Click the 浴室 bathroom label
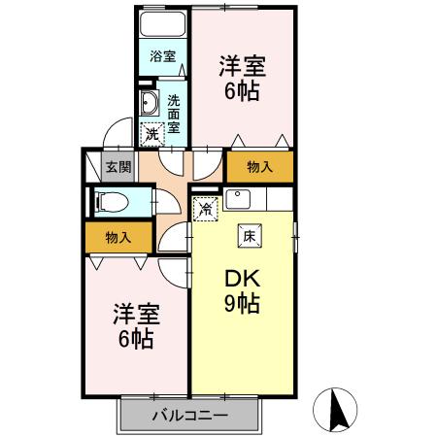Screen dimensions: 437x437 (162, 57)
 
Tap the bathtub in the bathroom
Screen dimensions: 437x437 (162, 24)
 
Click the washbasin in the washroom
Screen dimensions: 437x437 (151, 105)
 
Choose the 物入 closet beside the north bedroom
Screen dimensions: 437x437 (259, 167)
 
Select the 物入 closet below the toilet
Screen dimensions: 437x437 (118, 237)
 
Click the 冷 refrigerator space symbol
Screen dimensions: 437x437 (205, 208)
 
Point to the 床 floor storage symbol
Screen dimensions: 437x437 (249, 235)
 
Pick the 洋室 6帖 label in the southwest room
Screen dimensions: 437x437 (135, 326)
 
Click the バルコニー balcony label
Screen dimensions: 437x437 (191, 417)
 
